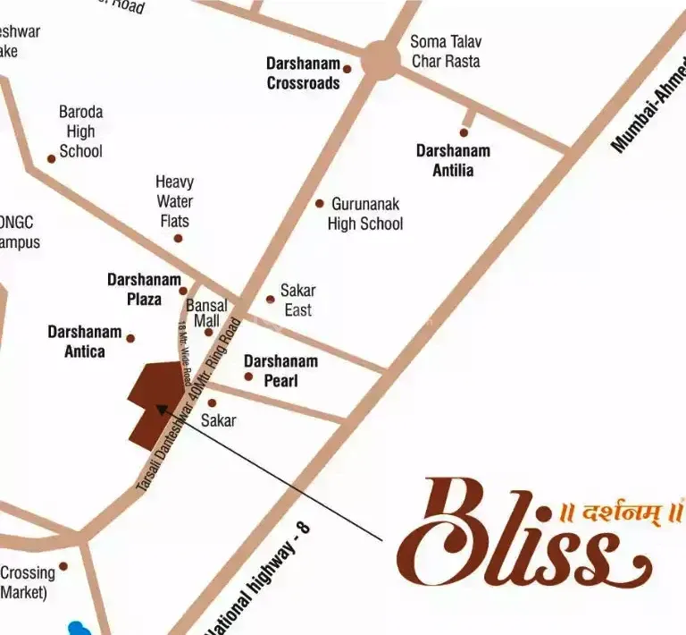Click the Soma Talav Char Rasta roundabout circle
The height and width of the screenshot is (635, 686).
381,60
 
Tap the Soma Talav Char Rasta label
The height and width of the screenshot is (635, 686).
445,51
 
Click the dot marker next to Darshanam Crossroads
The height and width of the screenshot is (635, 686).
347,69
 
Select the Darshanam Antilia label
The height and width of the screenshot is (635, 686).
453,160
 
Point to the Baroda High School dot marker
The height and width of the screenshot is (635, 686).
52,158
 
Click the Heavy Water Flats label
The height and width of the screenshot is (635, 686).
174,201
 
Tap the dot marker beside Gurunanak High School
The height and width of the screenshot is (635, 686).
320,203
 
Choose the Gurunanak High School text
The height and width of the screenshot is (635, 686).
365,214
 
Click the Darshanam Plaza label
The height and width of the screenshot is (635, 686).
144,289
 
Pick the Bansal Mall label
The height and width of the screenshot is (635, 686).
206,313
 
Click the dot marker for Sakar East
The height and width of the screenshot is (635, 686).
271,300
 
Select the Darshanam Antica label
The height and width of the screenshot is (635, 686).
85,341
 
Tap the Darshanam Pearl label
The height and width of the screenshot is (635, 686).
280,370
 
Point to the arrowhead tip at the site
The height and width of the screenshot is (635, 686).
158,407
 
